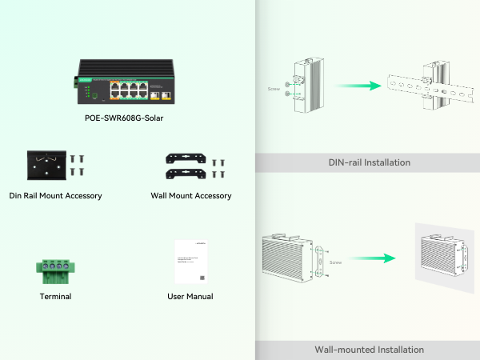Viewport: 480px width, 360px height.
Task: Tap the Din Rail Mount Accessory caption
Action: point(55,195)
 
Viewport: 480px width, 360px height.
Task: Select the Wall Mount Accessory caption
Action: point(191,195)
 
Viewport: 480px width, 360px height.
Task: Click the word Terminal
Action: point(55,296)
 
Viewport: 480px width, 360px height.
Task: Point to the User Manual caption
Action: point(190,296)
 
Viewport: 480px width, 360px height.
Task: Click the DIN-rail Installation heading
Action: point(369,162)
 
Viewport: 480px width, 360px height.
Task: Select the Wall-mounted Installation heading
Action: point(369,350)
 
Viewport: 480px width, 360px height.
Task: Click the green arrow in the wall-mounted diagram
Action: point(373,258)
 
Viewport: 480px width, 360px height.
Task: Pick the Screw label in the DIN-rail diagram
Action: point(273,89)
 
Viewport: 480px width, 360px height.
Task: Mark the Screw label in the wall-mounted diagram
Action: point(337,262)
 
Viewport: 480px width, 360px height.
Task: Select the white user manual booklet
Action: point(190,261)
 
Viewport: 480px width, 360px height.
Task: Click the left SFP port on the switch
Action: point(152,93)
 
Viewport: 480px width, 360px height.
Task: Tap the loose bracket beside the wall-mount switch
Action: point(320,260)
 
